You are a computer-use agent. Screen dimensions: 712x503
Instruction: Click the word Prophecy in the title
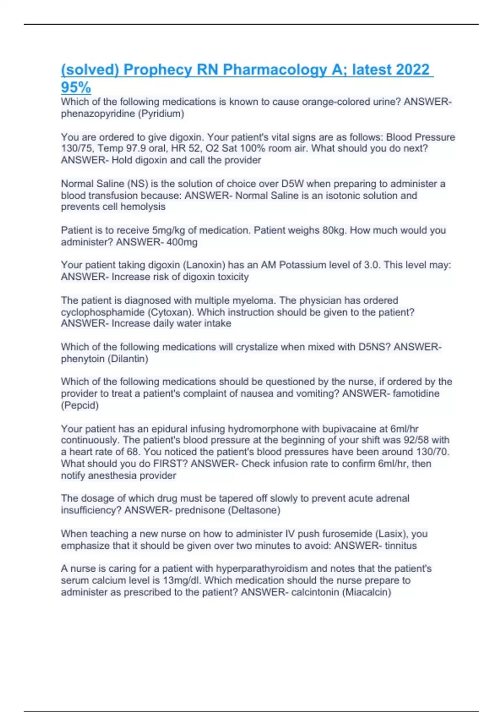(x=158, y=70)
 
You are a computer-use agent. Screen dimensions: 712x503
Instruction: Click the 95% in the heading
(x=76, y=88)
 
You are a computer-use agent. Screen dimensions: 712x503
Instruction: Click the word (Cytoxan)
(x=171, y=312)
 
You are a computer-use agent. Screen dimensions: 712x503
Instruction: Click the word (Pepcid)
(x=80, y=405)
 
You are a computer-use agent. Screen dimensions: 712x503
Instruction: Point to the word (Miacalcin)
(x=367, y=592)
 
